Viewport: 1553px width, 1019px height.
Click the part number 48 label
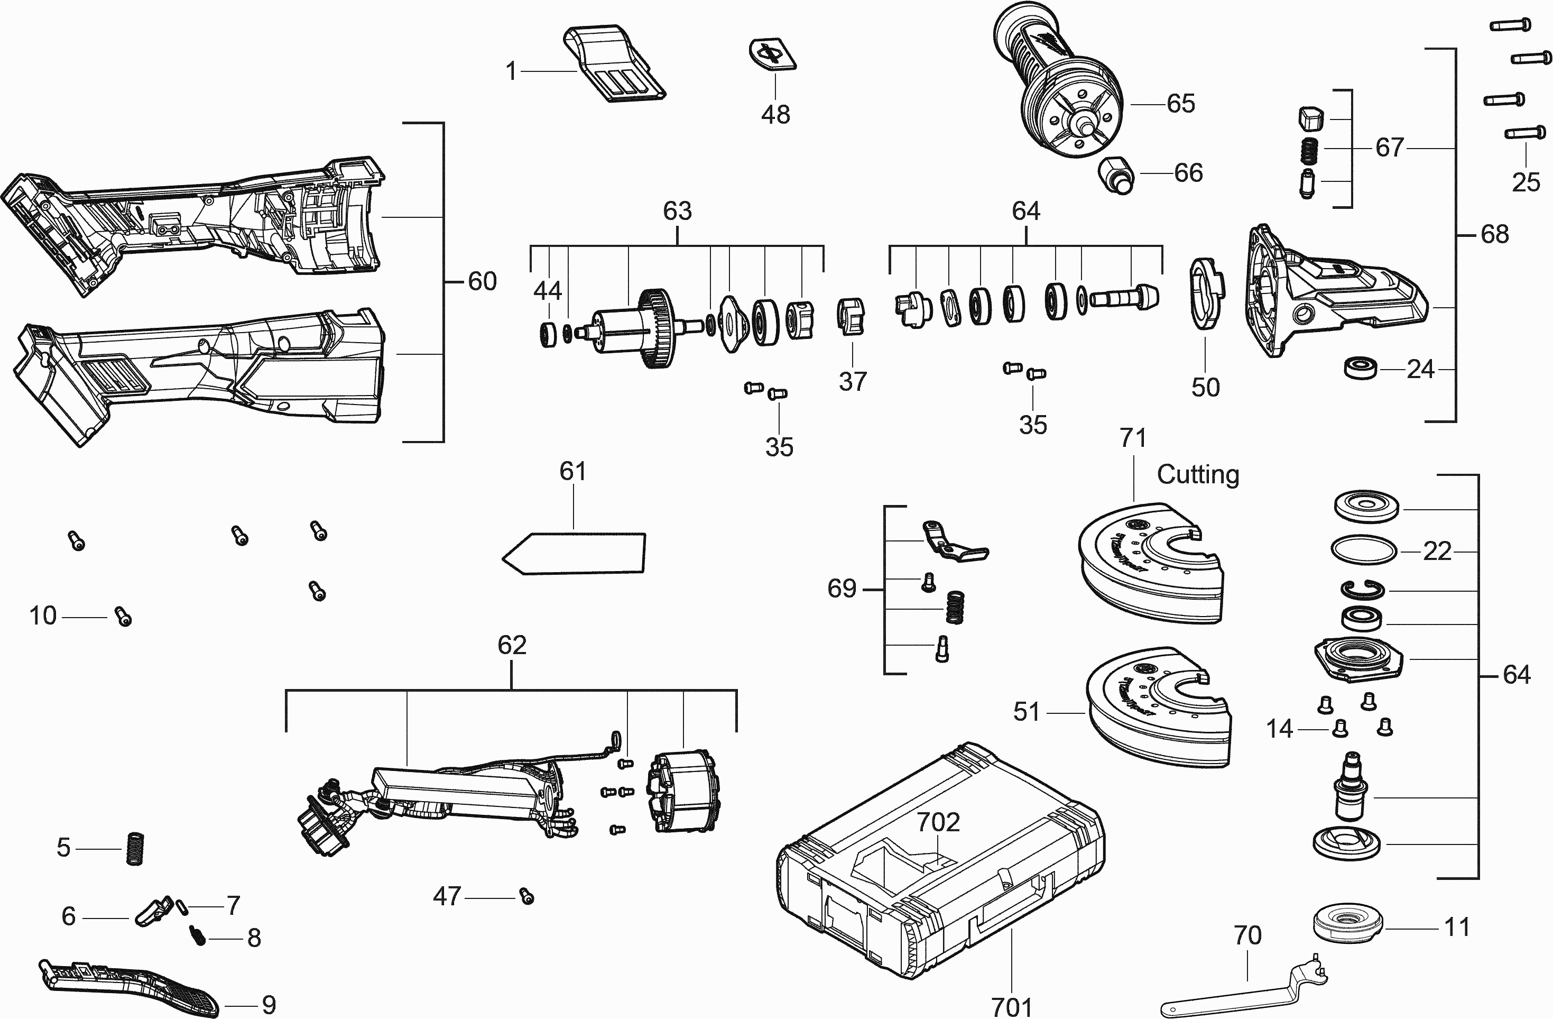coord(775,115)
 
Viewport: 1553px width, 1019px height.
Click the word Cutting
coord(1197,474)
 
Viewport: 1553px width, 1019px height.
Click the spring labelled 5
coord(134,849)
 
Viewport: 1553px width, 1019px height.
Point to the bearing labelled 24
coord(1361,368)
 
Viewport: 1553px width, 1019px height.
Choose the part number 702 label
coord(938,822)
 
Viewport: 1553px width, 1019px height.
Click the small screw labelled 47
coord(526,897)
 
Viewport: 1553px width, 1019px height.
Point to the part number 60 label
coord(482,282)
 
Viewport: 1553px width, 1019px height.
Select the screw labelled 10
coord(123,616)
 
